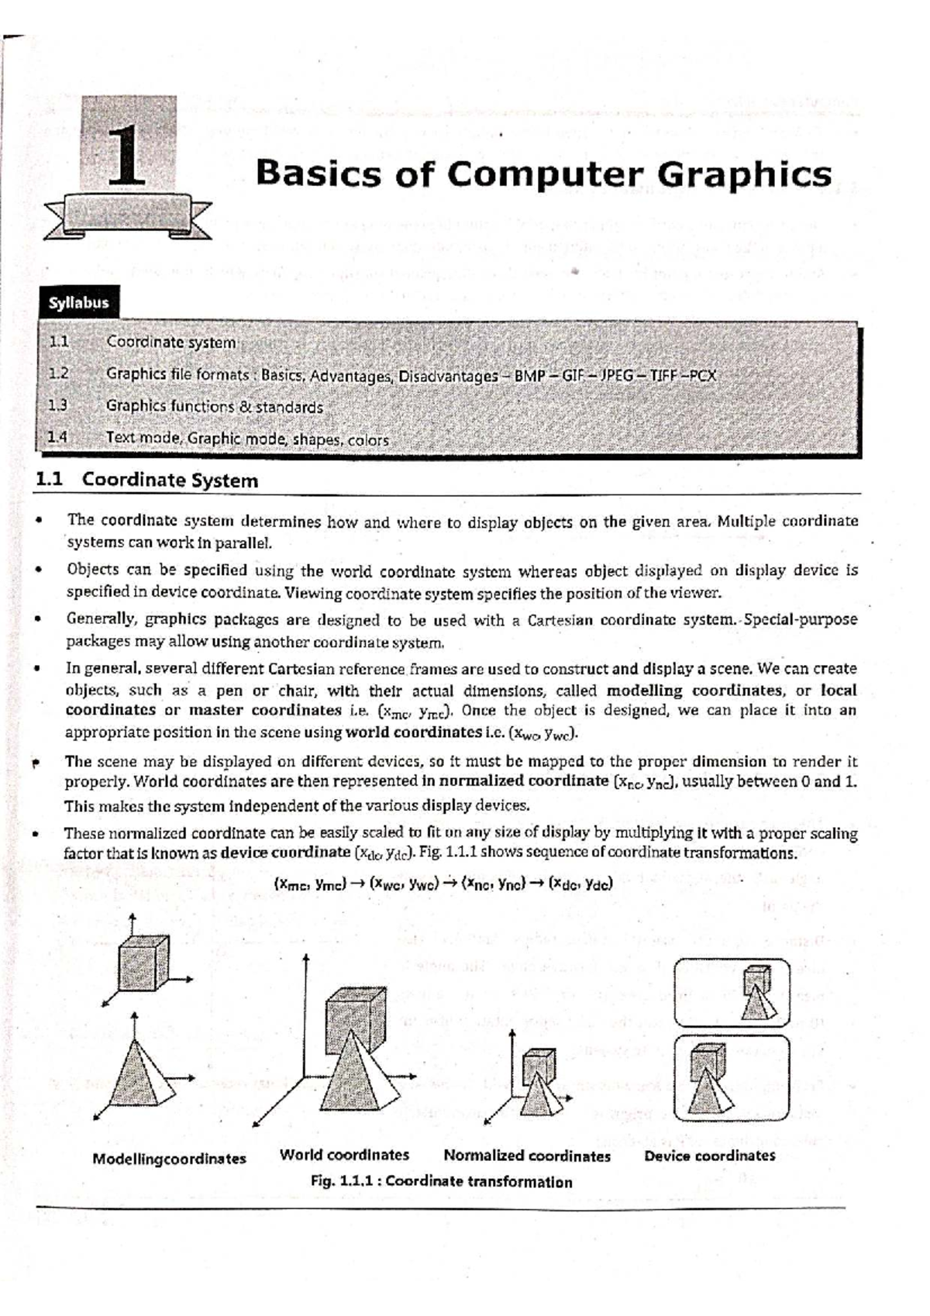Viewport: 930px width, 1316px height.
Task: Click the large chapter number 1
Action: (x=129, y=158)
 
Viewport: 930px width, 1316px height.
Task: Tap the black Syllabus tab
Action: (x=78, y=304)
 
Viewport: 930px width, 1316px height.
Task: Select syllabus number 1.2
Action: (x=59, y=374)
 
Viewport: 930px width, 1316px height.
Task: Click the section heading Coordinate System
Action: (x=170, y=481)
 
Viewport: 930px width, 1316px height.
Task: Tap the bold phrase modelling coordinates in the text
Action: (x=694, y=691)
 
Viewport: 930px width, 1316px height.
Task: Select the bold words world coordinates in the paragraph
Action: (x=413, y=732)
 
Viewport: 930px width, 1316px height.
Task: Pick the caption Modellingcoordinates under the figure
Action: (x=169, y=1159)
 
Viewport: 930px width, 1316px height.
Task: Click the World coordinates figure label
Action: (x=344, y=1155)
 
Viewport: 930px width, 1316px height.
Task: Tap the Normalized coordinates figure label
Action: (x=527, y=1156)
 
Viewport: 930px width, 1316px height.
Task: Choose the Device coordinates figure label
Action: (x=709, y=1156)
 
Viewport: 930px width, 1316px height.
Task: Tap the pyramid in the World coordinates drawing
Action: (x=349, y=1081)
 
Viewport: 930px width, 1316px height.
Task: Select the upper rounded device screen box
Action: (x=732, y=992)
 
